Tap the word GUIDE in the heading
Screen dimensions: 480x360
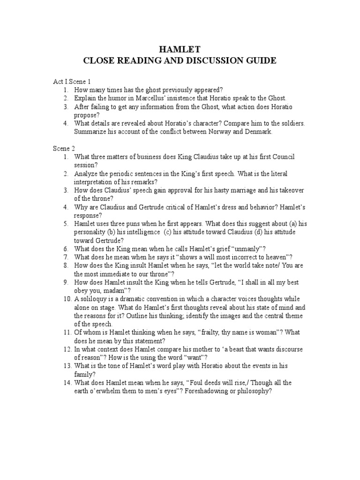coord(256,60)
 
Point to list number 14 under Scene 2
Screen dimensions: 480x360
coord(67,383)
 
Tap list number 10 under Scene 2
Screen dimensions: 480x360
coord(67,299)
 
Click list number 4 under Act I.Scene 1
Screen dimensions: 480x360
coord(67,124)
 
